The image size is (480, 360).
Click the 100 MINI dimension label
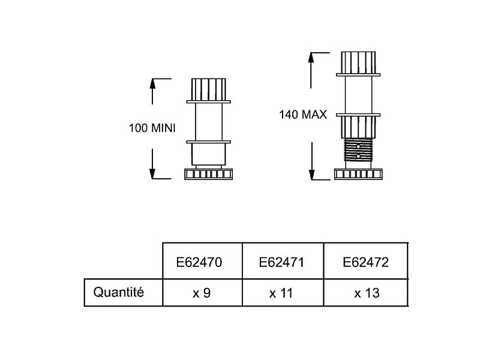pos(152,128)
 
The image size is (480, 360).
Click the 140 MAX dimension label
pos(303,115)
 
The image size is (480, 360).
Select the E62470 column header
pos(199,262)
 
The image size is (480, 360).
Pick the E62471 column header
pos(281,262)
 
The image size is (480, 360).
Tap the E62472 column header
pos(365,262)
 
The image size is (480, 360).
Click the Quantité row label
pos(118,292)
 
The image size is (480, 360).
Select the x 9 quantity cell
pos(202,293)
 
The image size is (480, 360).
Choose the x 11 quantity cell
pos(281,293)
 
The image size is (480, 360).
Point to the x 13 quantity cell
pos(367,293)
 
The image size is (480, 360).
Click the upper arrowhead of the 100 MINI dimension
pos(152,83)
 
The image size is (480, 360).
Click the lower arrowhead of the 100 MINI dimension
pos(152,174)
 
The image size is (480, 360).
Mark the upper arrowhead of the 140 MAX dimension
pos(311,58)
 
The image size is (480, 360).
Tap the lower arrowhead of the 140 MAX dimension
pos(311,175)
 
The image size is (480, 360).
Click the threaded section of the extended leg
pos(358,149)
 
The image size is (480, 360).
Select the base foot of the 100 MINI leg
pos(208,174)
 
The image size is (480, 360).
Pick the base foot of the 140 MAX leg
pos(358,174)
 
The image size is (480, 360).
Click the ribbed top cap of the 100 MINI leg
pos(208,89)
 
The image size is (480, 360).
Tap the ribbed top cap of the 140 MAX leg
pos(358,63)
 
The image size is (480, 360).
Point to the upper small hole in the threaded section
pos(358,146)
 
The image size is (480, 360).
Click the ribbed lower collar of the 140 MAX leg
pos(358,127)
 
